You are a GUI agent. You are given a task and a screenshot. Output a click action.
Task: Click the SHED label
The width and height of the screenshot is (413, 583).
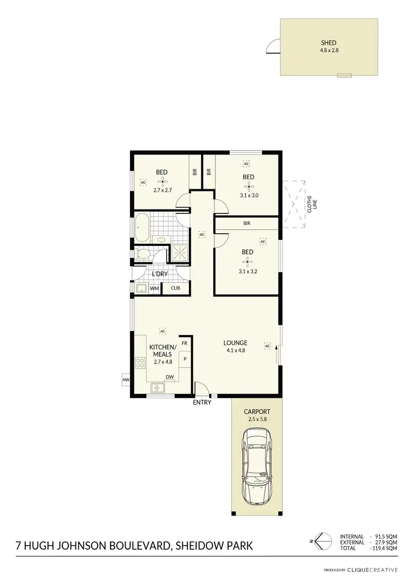(329, 42)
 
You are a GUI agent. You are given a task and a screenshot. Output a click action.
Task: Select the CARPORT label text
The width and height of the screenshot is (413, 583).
(257, 411)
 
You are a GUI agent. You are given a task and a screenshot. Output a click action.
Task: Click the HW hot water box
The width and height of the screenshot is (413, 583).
(126, 380)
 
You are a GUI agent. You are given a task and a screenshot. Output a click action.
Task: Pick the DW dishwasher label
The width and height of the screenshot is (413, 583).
(170, 377)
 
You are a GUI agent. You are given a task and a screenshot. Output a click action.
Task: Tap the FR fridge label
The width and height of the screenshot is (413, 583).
(185, 343)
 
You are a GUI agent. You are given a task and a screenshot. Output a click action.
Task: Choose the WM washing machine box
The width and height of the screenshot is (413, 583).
(155, 288)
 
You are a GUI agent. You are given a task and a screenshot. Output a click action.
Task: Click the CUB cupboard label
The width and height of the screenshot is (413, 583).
(175, 288)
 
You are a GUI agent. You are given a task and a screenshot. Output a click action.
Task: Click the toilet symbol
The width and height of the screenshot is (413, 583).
(143, 255)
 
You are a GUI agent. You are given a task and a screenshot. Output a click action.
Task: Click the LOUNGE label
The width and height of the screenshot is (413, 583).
(235, 343)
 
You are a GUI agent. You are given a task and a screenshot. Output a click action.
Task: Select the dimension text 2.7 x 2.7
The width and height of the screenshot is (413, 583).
(162, 190)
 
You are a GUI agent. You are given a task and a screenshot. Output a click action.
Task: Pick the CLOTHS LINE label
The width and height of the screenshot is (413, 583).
(312, 204)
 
